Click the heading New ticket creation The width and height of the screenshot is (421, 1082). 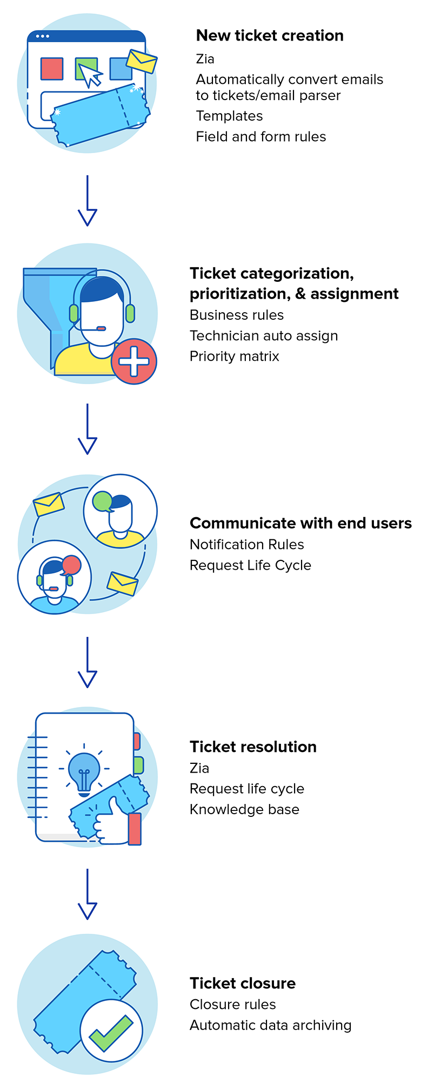tap(270, 36)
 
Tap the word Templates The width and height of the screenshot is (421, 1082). tap(229, 116)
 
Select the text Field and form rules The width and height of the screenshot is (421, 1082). tap(260, 137)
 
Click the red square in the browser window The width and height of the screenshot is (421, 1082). tap(52, 69)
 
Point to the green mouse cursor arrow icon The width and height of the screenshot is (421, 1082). tap(88, 72)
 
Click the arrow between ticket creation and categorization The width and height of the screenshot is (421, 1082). tap(87, 200)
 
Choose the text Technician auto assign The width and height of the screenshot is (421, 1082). tap(264, 336)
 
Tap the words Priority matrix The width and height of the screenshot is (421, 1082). tap(234, 357)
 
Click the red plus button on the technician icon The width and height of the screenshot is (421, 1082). tap(134, 361)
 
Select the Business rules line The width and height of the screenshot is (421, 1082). tap(236, 315)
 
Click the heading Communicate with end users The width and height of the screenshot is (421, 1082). tap(300, 523)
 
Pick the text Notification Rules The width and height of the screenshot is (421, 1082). tap(246, 544)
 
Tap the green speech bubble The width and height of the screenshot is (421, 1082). tap(103, 502)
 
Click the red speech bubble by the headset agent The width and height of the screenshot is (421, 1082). tap(71, 565)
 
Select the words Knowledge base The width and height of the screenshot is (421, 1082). tap(244, 809)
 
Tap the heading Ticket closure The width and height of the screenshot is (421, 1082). tap(243, 983)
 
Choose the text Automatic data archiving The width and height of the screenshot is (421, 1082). tap(270, 1025)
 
